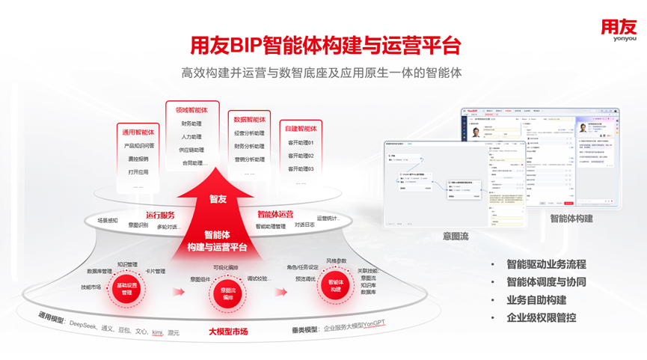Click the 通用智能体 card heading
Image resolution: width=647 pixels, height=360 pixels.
pos(139,132)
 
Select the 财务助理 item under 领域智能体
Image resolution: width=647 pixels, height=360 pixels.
pos(191,124)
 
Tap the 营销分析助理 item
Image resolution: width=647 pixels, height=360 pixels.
pos(249,159)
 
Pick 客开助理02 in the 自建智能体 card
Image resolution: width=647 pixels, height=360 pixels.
pos(301,156)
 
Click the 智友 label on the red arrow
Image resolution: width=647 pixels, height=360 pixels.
pos(217,198)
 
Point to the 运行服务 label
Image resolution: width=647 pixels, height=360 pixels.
pos(160,215)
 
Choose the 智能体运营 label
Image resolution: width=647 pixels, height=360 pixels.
pos(275,214)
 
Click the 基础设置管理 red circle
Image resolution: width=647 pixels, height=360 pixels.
pos(126,289)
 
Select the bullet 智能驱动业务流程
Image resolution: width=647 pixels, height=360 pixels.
pos(546,264)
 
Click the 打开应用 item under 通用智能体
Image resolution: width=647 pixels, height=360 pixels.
pos(138,172)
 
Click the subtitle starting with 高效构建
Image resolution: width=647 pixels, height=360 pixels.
pos(322,73)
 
